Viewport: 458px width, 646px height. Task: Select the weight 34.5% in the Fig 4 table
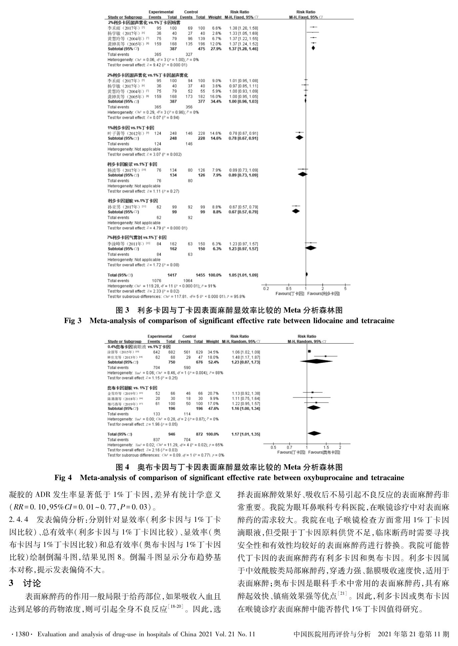[x=213, y=352]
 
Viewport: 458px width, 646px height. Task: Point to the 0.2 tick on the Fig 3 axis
[x=266, y=288]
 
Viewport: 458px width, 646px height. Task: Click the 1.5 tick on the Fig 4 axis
[x=326, y=447]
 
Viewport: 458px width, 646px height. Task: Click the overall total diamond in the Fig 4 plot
[x=314, y=433]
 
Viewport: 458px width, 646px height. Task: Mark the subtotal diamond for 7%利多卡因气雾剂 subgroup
[x=311, y=248]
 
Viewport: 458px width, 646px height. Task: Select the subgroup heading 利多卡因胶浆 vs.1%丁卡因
[x=132, y=164]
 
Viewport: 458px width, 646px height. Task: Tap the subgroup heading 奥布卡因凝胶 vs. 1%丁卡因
[x=132, y=388]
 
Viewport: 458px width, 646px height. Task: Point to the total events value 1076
[x=156, y=280]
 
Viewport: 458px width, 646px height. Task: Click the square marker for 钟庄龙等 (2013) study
[x=325, y=356]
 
